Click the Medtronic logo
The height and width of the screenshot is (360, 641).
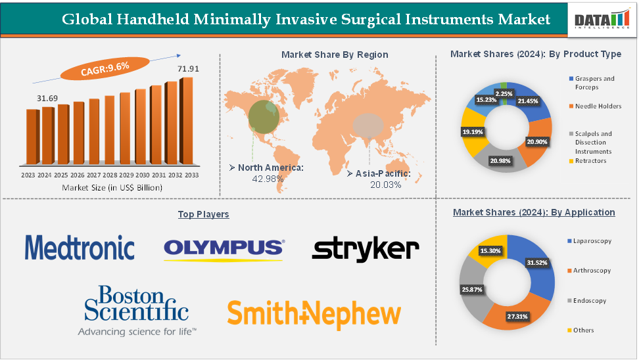click(80, 248)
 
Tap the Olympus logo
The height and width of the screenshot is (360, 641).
click(224, 248)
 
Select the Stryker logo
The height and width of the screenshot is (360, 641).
click(366, 249)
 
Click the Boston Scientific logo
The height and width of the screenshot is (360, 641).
click(136, 309)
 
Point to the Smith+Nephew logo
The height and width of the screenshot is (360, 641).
click(314, 313)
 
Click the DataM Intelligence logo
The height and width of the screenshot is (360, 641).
click(602, 21)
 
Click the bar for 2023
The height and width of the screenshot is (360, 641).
click(32, 137)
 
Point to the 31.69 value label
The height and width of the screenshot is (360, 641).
click(47, 99)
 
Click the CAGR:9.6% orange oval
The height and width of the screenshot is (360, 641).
click(105, 66)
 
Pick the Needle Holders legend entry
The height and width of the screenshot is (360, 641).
click(598, 106)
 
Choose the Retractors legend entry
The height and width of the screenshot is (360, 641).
click(590, 161)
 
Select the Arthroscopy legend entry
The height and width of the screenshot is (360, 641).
click(592, 270)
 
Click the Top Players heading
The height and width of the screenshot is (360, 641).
click(203, 214)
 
